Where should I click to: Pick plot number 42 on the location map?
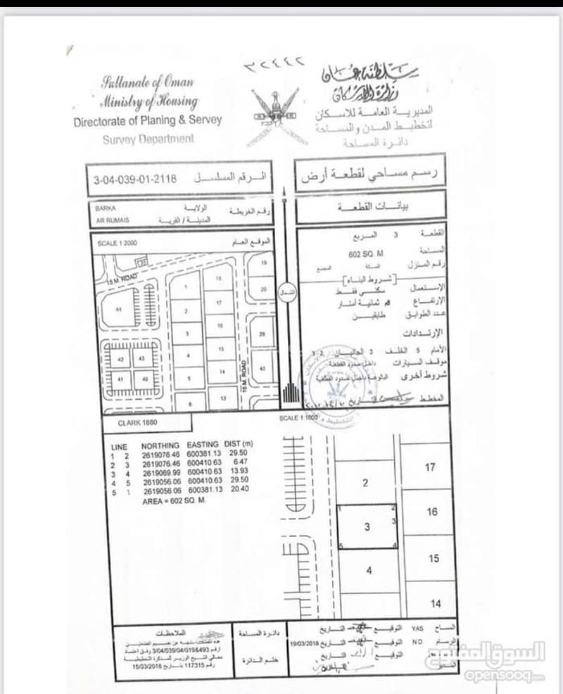coord(120,359)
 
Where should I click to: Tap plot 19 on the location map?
coord(264,263)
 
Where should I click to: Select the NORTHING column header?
coord(160,446)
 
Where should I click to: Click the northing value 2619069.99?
coord(161,472)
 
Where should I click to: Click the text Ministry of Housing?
coord(149,101)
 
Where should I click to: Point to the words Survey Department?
coord(148,139)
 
